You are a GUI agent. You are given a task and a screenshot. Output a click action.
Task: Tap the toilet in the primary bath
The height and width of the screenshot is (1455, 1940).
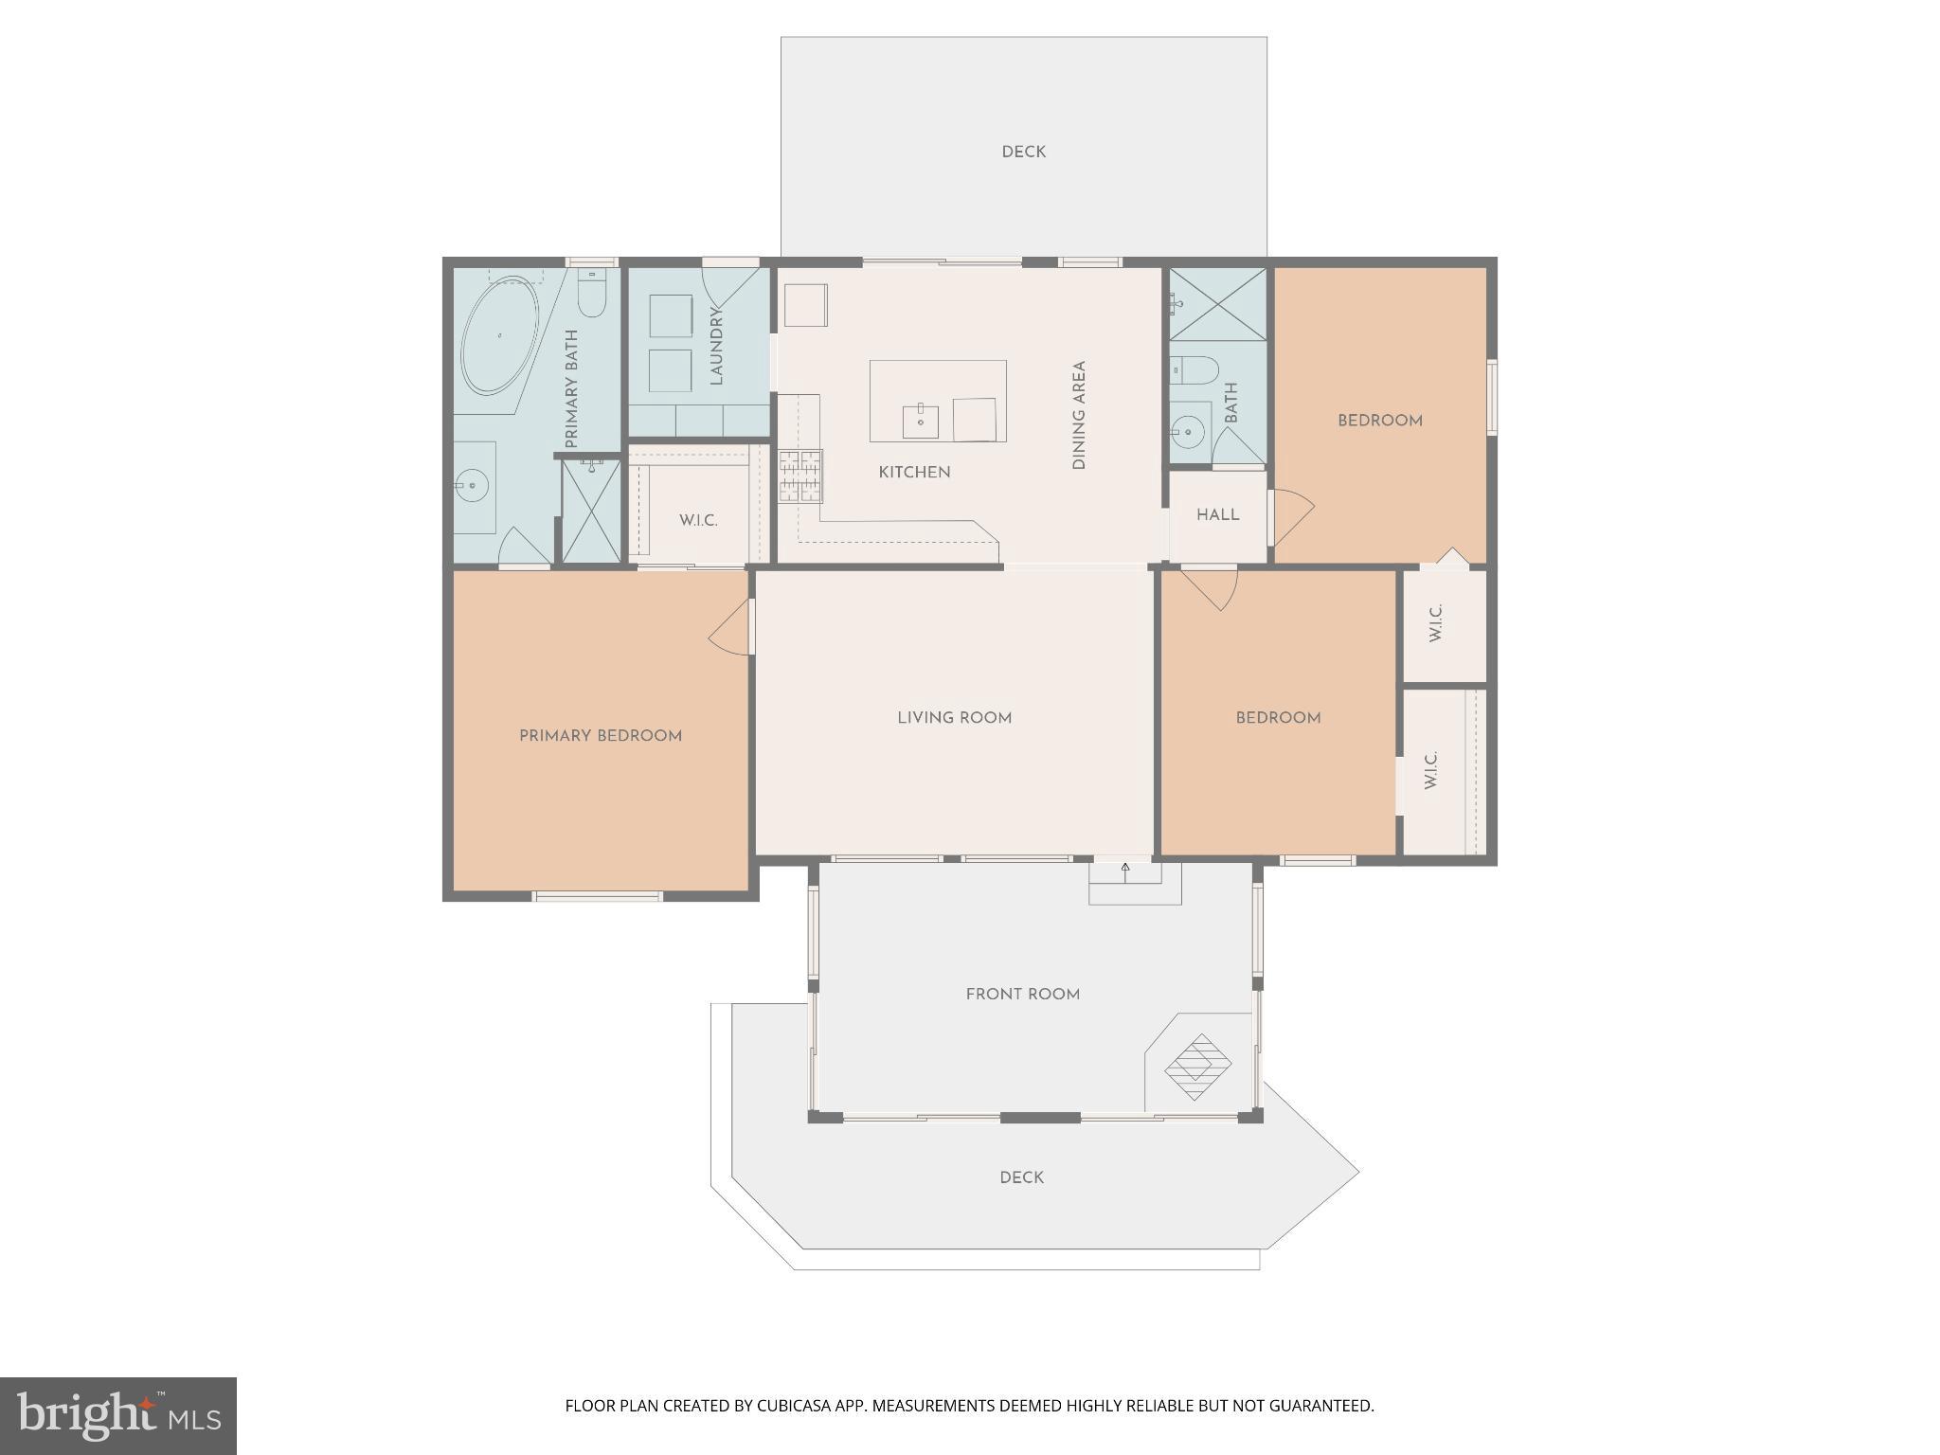tap(591, 294)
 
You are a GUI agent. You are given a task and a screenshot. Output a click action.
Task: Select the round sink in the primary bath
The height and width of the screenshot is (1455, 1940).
tap(471, 487)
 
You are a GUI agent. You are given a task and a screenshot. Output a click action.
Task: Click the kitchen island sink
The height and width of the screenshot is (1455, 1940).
tap(920, 421)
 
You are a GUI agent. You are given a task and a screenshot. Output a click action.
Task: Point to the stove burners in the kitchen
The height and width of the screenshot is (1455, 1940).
tap(800, 476)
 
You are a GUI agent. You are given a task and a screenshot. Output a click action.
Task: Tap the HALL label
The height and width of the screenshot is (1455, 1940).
tap(1217, 515)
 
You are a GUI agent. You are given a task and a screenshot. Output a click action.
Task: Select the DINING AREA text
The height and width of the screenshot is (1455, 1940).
tap(1078, 415)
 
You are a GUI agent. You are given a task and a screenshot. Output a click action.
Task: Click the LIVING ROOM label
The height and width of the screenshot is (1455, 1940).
tap(954, 718)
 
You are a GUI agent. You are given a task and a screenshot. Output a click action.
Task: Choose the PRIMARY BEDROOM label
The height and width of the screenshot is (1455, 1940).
tap(601, 736)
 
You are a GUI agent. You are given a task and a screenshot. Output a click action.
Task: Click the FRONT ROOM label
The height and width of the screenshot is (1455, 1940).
tap(1022, 995)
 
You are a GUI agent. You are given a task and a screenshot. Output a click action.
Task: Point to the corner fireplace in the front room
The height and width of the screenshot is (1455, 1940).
tap(1198, 1066)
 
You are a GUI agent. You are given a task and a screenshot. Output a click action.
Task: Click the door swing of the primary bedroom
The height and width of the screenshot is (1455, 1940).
tap(730, 630)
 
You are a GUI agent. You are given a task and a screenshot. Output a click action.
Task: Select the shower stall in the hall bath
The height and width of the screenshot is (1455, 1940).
tap(1217, 303)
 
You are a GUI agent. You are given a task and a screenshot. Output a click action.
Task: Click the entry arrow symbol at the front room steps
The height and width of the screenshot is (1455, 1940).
tap(1125, 867)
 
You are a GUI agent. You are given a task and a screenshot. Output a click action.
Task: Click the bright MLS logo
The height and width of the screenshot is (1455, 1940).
tap(118, 1416)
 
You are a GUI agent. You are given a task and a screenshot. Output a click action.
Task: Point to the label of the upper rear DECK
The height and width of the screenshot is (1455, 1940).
tap(1023, 153)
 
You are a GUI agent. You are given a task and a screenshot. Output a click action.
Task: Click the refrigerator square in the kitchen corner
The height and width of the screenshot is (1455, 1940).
tap(805, 305)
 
